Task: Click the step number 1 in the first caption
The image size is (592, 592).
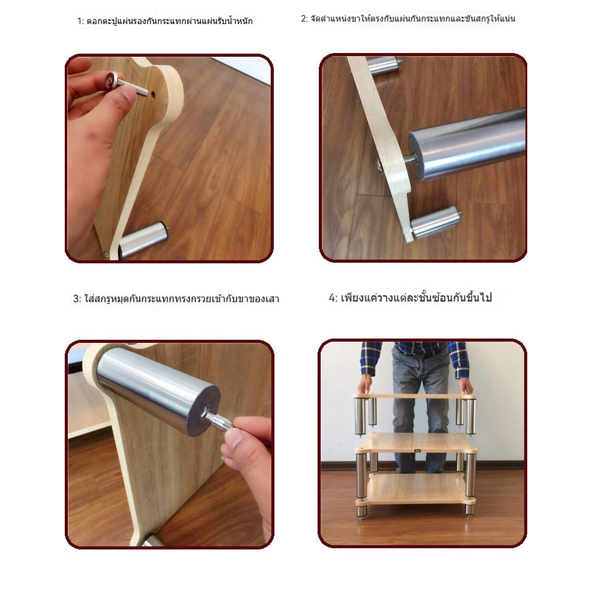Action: [79, 21]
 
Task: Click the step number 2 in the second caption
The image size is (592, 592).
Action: [303, 19]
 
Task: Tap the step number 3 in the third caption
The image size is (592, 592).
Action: [76, 299]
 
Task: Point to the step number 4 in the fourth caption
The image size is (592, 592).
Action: [332, 298]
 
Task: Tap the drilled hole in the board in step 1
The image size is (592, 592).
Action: [153, 94]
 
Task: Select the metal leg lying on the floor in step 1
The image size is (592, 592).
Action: [143, 239]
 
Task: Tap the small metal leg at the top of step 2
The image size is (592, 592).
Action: [382, 64]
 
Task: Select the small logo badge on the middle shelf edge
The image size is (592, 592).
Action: [417, 450]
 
